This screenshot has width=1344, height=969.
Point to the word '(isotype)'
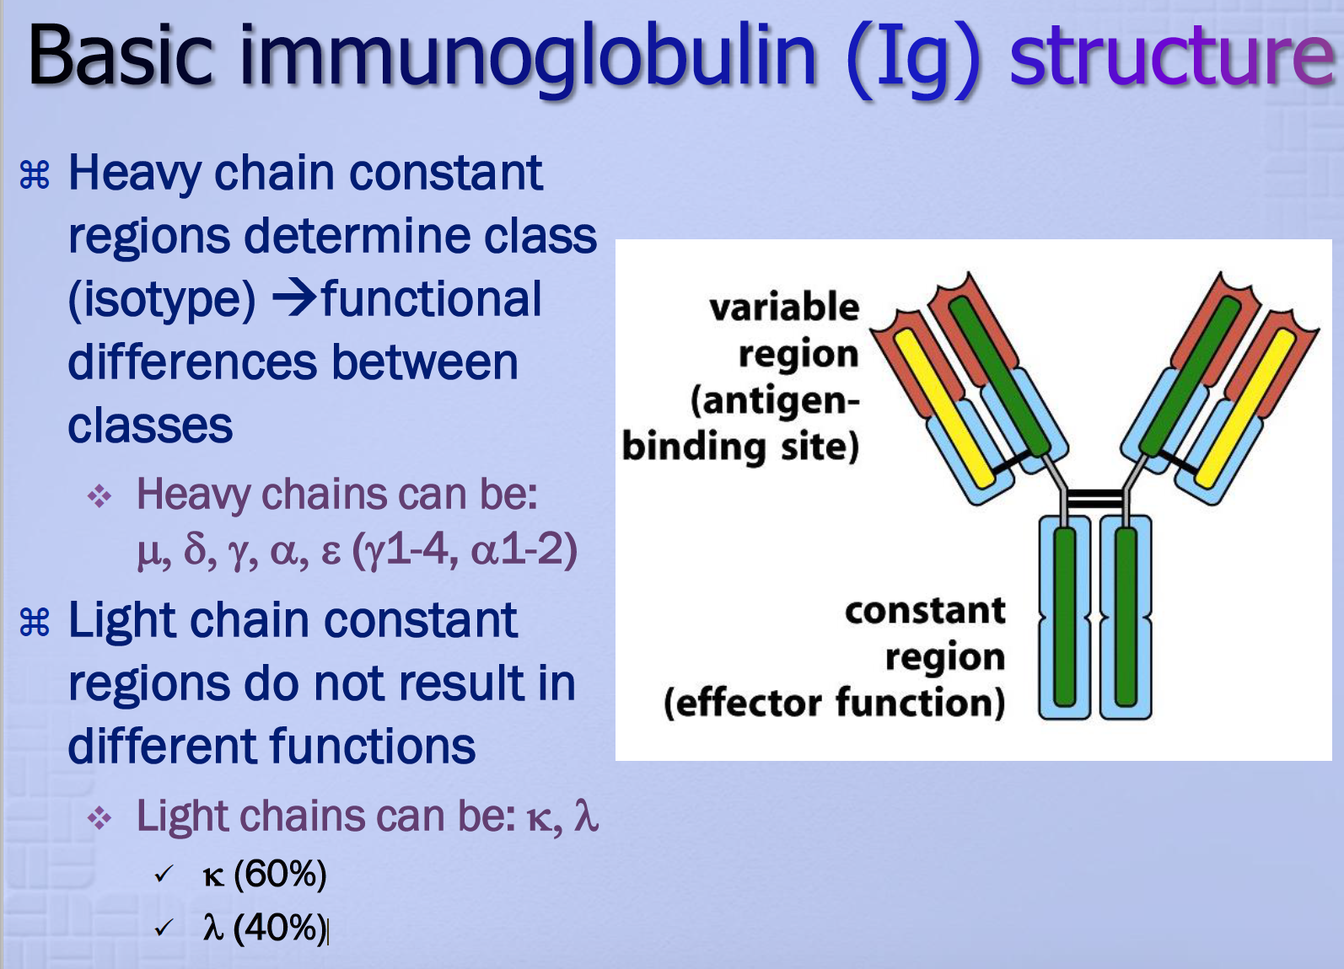coord(162,300)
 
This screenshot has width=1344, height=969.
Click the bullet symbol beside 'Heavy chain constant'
coord(35,175)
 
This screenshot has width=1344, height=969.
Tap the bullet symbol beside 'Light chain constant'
coord(35,623)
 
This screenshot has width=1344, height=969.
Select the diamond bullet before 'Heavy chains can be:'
coord(99,496)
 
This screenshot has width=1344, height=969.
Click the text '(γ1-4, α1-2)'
coord(465,549)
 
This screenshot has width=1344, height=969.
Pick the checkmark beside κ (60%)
coord(164,875)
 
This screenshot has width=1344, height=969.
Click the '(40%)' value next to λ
coord(280,928)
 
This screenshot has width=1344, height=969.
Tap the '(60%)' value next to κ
coord(280,875)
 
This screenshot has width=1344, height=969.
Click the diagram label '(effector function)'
coord(834,703)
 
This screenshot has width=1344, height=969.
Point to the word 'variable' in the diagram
coord(784,307)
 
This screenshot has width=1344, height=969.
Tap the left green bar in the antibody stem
coord(1064,616)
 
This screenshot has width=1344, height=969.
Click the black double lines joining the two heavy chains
coord(1094,498)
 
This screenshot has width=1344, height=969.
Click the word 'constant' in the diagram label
coord(925,610)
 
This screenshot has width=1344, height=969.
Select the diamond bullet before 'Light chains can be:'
coord(99,818)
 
